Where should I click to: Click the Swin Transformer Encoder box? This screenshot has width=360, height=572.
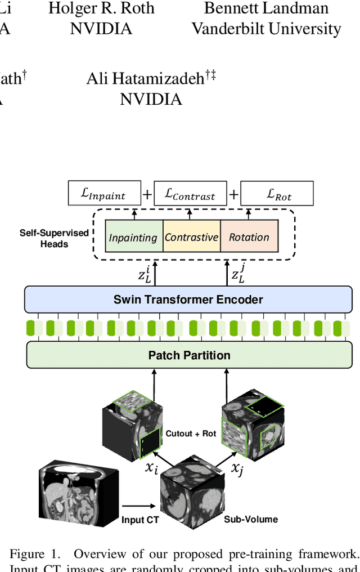[188, 299]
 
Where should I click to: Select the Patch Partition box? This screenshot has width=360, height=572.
[189, 355]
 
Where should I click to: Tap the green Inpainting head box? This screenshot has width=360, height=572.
[133, 237]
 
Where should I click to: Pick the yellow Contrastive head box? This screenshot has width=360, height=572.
[191, 237]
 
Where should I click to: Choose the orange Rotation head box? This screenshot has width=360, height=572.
[249, 237]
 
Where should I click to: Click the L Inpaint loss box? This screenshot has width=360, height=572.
[104, 194]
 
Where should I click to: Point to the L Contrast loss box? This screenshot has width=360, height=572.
[190, 194]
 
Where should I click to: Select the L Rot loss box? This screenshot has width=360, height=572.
[276, 194]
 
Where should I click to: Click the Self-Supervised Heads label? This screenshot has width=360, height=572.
[54, 238]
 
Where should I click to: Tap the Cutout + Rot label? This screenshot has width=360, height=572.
[191, 434]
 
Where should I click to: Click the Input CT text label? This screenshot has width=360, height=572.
[140, 520]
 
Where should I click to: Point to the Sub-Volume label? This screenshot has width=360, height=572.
[250, 519]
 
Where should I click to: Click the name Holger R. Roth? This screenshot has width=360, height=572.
[101, 8]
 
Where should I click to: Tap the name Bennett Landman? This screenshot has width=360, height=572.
[266, 8]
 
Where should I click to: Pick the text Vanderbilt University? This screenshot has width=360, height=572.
[266, 29]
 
